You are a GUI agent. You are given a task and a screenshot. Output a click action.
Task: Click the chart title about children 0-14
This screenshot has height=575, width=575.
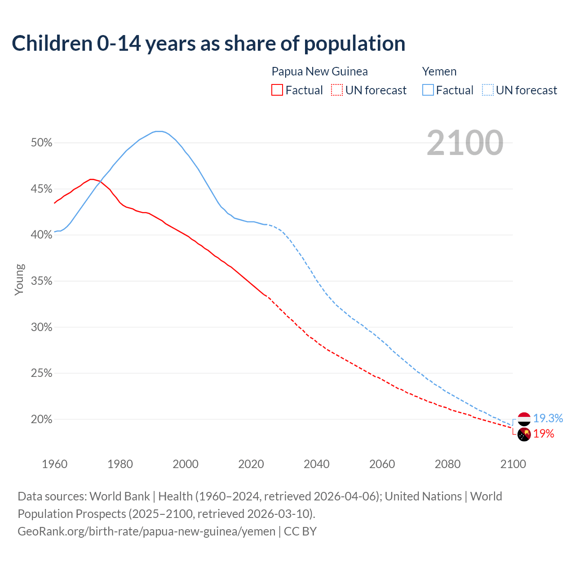point(208,44)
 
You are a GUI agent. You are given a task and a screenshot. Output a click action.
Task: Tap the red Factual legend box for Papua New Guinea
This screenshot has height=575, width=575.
point(277,90)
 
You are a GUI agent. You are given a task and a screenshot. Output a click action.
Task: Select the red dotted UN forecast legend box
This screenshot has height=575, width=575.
point(337,90)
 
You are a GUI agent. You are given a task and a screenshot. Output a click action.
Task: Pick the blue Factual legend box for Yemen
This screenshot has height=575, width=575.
point(428,90)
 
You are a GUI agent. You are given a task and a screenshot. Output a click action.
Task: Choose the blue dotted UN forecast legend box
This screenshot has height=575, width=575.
point(488,90)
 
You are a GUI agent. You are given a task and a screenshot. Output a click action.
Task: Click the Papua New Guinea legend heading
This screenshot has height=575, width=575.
point(319,71)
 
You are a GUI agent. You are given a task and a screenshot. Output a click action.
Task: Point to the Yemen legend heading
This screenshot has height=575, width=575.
point(439,71)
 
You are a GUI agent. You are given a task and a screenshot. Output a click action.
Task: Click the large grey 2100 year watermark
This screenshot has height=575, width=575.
point(464,143)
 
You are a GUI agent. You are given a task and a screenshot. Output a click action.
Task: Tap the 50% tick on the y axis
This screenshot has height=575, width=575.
point(41,143)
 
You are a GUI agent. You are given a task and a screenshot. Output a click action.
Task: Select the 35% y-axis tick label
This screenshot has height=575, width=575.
point(41,281)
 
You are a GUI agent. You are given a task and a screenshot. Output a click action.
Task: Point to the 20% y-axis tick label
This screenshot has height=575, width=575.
point(41,420)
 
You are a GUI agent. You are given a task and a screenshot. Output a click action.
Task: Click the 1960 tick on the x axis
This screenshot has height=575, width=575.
point(54,464)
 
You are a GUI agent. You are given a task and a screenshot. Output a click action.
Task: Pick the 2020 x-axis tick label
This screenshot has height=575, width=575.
point(251,464)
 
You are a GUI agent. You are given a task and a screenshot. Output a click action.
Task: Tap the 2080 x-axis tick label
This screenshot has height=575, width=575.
point(447,464)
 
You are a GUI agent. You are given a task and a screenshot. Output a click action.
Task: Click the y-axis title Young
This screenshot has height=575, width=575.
point(19,279)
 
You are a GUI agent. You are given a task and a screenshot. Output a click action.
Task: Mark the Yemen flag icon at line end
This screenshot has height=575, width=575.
point(524,419)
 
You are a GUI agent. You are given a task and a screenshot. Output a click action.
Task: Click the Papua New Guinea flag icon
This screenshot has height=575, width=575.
point(524,434)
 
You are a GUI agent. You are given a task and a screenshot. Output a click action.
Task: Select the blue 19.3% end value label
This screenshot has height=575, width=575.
point(548,419)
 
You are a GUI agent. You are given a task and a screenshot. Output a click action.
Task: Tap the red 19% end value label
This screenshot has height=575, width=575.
point(544,434)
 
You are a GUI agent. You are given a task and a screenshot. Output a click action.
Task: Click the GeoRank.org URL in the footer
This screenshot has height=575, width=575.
point(146,531)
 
